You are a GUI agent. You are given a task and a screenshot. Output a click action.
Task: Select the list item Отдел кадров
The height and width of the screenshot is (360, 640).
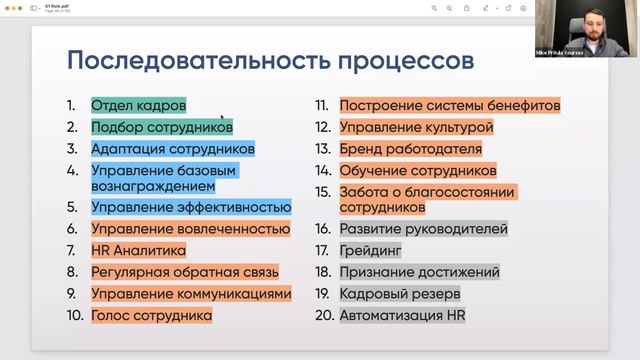click(138, 104)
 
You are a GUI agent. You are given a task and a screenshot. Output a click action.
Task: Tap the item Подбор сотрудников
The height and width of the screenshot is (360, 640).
click(161, 127)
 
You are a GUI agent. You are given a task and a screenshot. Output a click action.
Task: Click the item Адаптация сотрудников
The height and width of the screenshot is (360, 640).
click(172, 149)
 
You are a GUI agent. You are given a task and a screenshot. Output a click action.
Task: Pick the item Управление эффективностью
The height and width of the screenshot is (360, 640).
click(190, 207)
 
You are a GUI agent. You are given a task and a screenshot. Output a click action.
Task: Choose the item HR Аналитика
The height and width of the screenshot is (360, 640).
click(138, 250)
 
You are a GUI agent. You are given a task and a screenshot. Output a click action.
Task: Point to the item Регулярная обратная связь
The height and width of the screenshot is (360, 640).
click(184, 271)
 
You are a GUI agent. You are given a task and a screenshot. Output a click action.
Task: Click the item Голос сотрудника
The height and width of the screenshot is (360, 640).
click(151, 315)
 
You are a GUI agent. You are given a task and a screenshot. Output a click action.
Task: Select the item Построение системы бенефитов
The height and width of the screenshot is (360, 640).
click(449, 105)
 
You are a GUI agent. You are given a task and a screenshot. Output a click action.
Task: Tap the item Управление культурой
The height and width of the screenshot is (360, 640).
click(416, 127)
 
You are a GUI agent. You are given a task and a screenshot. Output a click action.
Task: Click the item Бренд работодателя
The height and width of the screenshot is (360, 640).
click(410, 149)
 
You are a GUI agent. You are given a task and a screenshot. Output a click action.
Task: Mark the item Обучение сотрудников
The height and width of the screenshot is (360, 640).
click(418, 171)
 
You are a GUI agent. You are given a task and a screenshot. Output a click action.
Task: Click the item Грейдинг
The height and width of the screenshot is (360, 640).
click(370, 250)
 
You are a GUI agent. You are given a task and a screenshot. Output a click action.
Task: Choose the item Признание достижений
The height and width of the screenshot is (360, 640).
click(419, 272)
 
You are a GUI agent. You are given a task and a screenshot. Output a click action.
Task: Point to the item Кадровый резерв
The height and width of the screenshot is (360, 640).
click(399, 294)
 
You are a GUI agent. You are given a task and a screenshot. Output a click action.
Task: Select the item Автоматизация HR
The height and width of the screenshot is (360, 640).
click(402, 316)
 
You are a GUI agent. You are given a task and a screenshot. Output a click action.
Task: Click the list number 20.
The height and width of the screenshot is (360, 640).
click(322, 316)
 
